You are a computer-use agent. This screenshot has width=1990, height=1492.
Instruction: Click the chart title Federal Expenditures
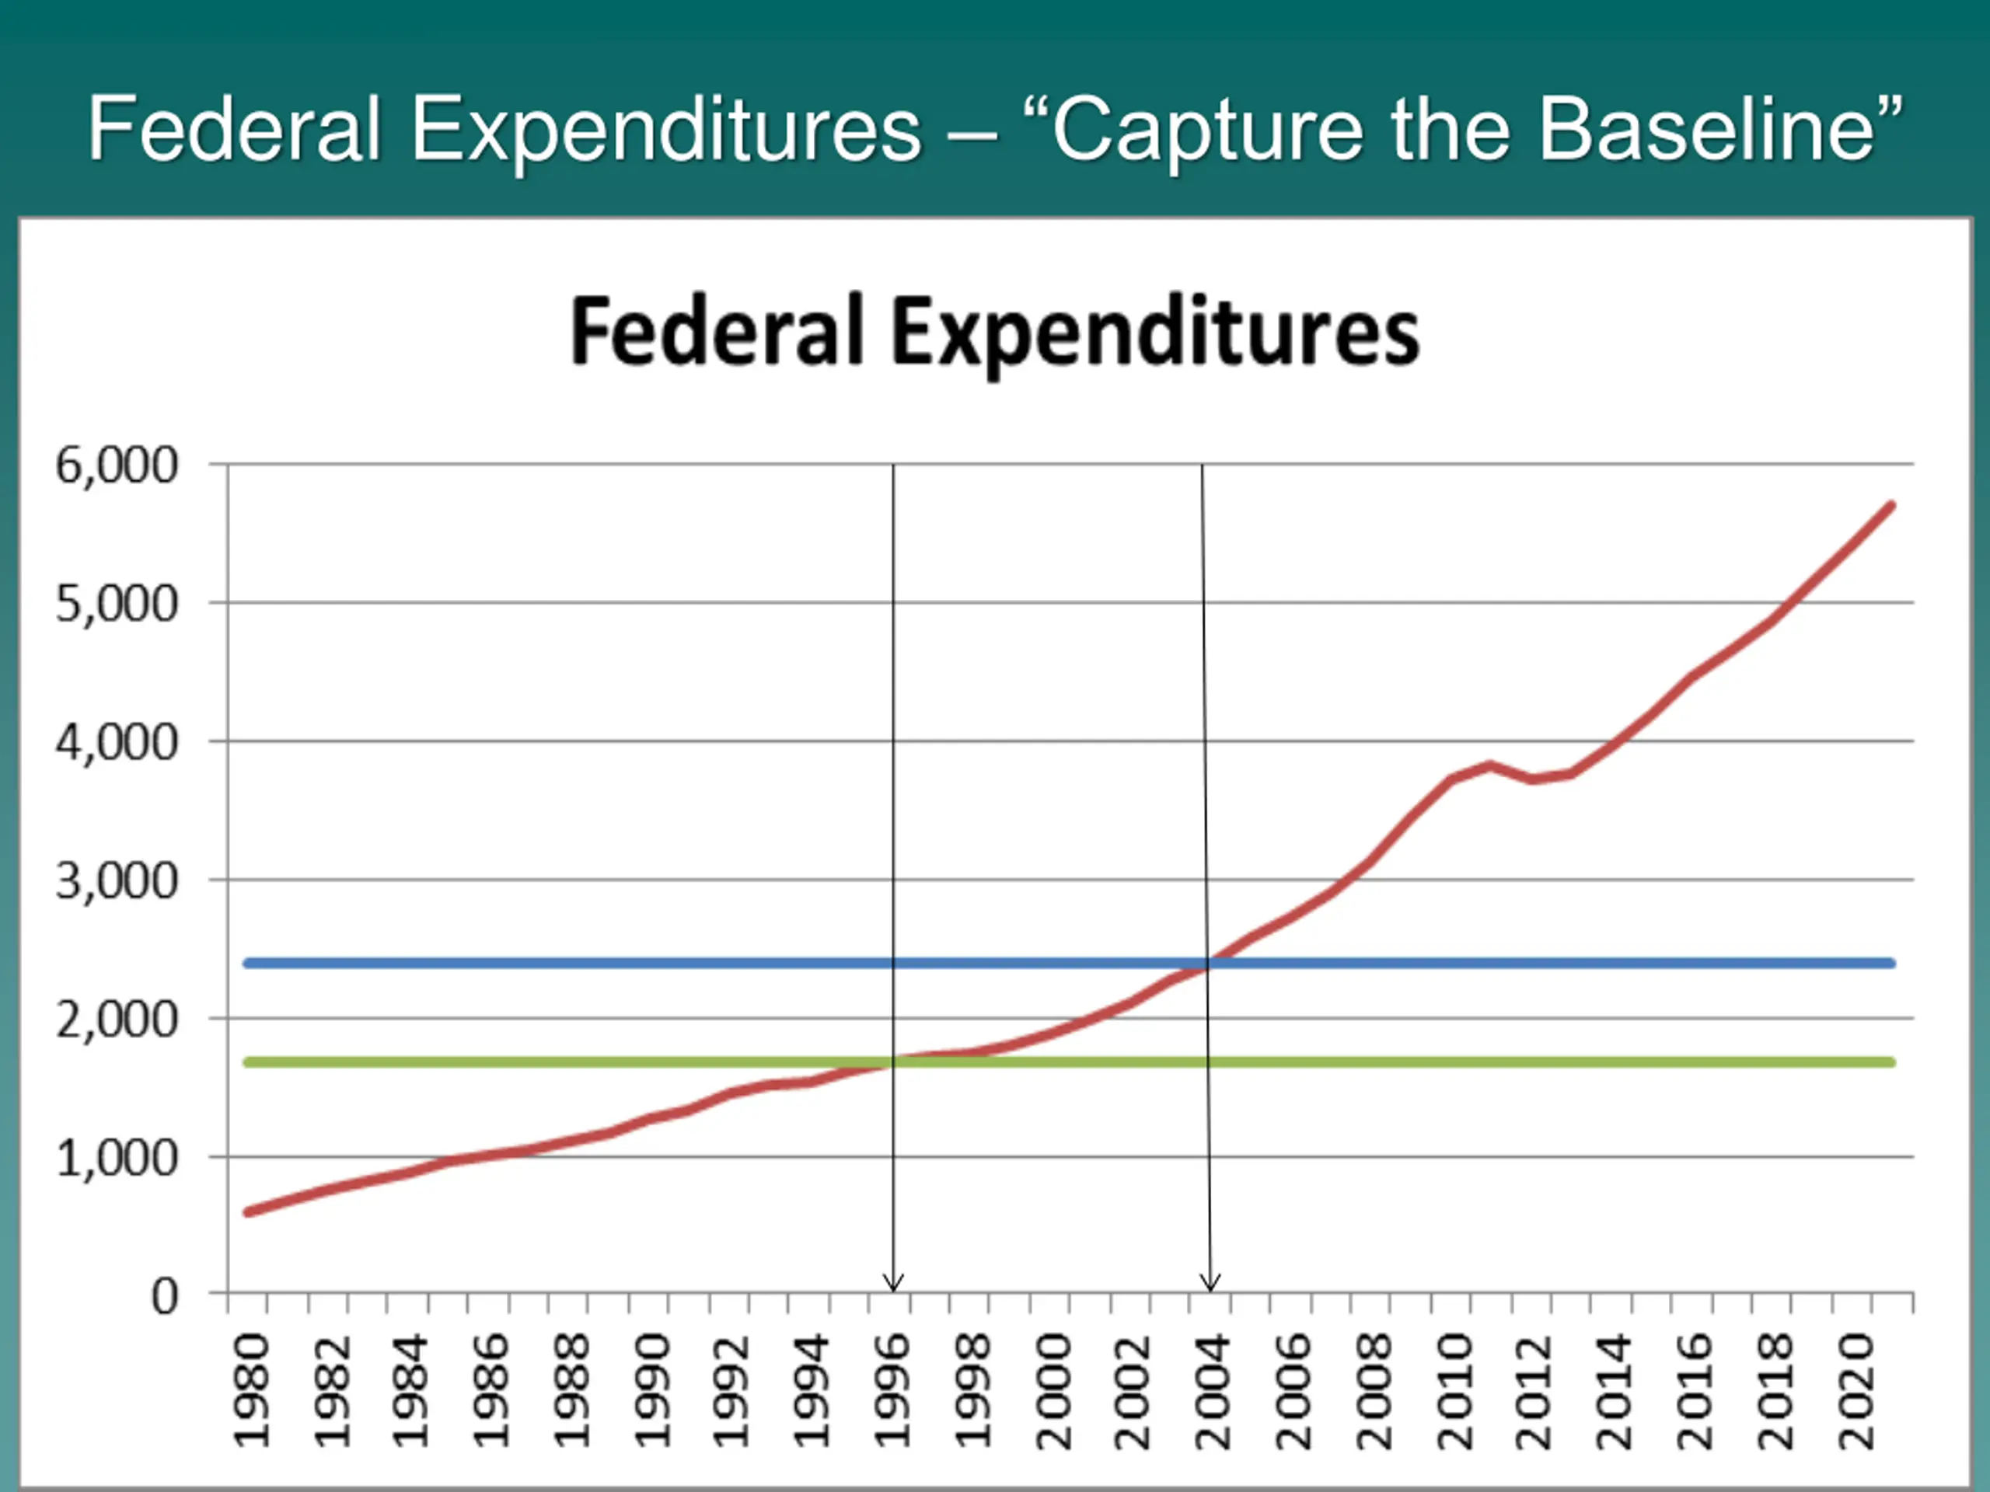coord(994,333)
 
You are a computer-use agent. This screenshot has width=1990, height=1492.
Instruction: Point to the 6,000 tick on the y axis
coord(117,465)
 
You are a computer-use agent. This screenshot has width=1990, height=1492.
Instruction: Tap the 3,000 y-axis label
coord(117,881)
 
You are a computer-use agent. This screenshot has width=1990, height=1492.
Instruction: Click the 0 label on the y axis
coord(165,1297)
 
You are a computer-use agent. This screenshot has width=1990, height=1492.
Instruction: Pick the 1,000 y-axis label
coord(117,1159)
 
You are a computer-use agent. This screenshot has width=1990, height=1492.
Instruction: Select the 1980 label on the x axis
coord(252,1391)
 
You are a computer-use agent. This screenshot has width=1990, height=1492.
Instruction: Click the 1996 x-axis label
coord(892,1391)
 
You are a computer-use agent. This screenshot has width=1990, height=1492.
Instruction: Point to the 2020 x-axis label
coord(1855,1391)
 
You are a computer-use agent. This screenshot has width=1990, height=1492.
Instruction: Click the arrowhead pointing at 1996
coord(892,1285)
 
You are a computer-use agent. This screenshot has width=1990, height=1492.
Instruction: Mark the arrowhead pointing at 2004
coord(1211,1285)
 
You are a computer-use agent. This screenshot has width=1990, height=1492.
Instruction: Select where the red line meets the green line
coord(893,1062)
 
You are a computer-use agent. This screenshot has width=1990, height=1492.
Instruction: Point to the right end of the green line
coord(1892,1062)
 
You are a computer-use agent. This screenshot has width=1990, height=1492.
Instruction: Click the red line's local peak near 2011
coord(1490,765)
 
